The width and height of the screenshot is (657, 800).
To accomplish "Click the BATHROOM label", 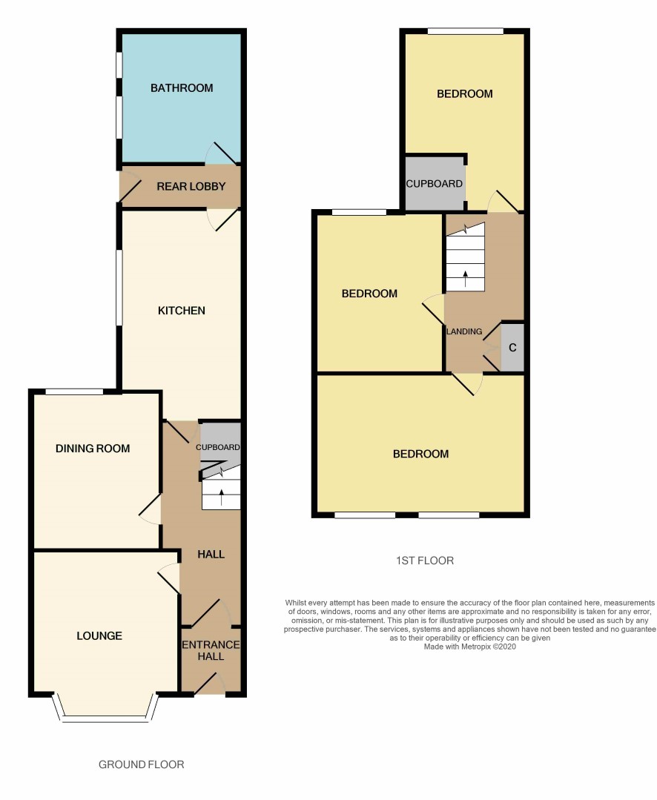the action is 182,87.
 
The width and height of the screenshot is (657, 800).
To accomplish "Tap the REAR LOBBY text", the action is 191,186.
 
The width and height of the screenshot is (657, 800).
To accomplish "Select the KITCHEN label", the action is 181,310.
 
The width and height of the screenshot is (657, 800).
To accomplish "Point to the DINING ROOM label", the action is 93,449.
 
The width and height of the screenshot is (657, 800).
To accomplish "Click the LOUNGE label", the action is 99,635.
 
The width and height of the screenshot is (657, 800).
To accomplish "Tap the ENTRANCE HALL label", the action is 211,650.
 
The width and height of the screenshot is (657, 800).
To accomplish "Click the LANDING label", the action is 464,331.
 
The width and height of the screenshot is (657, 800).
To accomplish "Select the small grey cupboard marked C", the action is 512,348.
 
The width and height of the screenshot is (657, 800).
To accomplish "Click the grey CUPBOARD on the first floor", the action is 435,183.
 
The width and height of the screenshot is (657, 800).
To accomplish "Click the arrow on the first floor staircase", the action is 465,279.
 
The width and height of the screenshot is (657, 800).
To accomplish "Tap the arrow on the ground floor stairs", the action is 222,497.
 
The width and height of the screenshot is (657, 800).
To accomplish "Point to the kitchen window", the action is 119,287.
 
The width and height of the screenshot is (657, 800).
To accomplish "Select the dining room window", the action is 74,391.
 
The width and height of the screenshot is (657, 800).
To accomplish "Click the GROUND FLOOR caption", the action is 142,764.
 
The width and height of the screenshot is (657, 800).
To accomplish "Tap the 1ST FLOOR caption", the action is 425,561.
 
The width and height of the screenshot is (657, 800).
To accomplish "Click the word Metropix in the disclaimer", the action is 476,647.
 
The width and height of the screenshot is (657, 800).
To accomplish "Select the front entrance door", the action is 210,684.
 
